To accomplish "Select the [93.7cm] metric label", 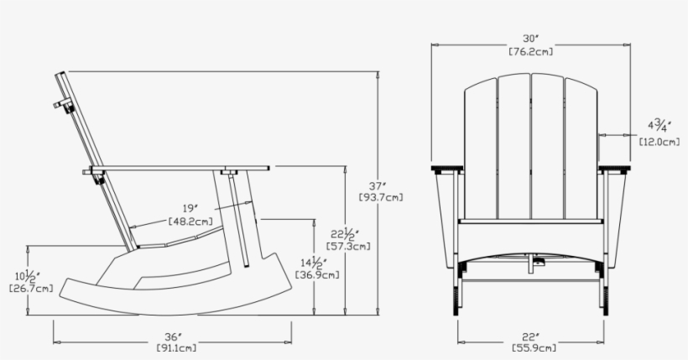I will click(380, 198).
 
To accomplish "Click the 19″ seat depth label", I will click(190, 208).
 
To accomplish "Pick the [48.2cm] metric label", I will click(190, 222).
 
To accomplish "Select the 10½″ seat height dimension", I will click(32, 276).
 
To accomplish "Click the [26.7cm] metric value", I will click(31, 289).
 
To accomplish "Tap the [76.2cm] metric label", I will click(530, 52).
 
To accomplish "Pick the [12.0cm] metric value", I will click(659, 142).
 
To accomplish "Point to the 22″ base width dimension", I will click(530, 335).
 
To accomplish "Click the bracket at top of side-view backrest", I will click(61, 106).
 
